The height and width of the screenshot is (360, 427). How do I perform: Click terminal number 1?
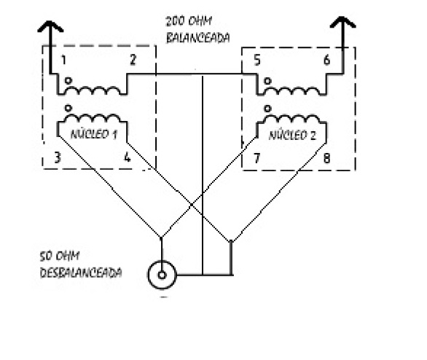point(63,60)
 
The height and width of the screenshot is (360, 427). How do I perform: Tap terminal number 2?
point(133,60)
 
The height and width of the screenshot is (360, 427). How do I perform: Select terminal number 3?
point(57,157)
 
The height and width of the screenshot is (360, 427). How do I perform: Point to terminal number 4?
point(128,157)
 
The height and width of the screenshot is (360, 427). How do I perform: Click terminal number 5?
point(257,60)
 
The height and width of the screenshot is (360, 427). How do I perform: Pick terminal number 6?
point(327,60)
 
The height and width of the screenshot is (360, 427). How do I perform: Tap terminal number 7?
point(256,158)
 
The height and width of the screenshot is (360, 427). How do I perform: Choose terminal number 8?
point(326,158)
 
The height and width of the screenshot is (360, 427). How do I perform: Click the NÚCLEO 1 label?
point(94,133)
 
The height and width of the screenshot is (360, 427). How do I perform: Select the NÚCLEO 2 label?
point(292,135)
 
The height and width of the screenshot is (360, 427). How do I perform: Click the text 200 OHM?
point(189,21)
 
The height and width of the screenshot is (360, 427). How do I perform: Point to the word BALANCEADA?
point(197,38)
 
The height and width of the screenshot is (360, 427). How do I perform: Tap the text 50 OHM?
point(60,256)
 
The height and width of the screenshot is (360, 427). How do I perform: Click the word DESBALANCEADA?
point(81,273)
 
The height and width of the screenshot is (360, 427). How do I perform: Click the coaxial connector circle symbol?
point(162,275)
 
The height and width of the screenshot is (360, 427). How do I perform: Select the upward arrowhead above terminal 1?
point(50,26)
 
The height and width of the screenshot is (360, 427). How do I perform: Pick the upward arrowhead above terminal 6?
point(343,22)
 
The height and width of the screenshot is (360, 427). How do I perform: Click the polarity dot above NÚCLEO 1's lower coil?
point(68,108)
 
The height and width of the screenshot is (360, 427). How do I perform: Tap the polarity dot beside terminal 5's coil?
point(267,81)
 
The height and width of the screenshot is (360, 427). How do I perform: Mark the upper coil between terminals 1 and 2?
point(93,90)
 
